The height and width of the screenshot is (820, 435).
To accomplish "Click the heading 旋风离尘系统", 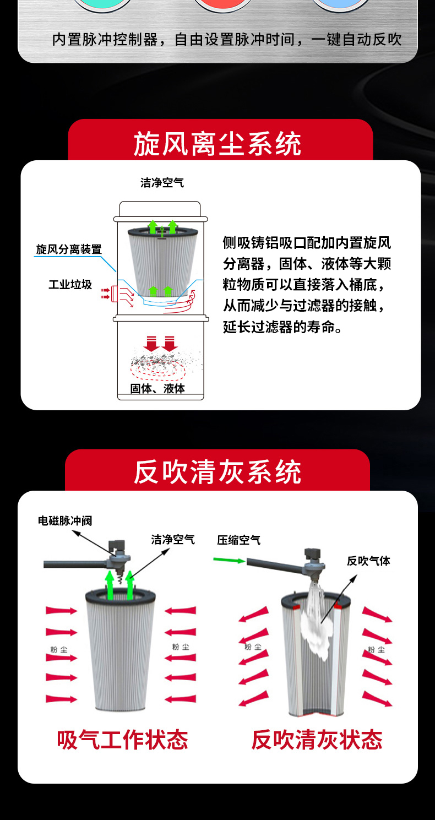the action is click(218, 144).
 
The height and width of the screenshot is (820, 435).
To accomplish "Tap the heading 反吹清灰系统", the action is click(218, 472).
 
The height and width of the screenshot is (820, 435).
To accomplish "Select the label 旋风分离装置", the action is click(69, 249).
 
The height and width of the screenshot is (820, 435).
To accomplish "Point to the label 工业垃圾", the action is click(70, 284).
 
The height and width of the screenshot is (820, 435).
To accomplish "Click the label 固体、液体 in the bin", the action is click(158, 388).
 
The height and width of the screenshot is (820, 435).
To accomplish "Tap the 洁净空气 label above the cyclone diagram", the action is click(162, 182).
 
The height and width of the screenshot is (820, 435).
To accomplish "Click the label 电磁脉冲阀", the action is click(65, 520).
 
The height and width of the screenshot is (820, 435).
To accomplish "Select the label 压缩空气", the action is click(239, 540).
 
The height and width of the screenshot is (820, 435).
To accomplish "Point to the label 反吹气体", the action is click(368, 561).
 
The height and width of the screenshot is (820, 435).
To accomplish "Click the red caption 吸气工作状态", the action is click(122, 740).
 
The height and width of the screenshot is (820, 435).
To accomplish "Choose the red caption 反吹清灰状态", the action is click(317, 740).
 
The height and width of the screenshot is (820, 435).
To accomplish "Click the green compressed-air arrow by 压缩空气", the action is click(229, 560).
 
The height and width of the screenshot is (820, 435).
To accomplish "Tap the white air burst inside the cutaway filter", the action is click(315, 622).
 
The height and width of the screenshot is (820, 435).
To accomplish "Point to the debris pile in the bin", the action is click(161, 361).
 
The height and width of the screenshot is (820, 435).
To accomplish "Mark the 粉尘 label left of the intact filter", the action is click(59, 650).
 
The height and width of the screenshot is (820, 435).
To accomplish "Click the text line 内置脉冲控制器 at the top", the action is click(105, 40).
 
